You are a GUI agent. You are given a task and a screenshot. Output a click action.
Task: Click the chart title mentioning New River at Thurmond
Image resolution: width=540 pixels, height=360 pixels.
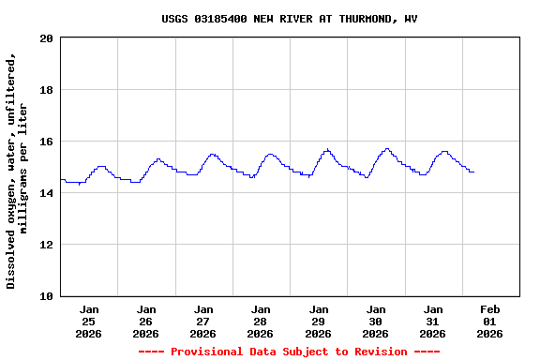click(289, 19)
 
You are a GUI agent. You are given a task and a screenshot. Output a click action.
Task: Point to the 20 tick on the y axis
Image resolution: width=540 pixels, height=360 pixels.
click(47, 38)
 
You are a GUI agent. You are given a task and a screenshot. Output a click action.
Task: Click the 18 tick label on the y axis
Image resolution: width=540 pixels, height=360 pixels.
click(47, 90)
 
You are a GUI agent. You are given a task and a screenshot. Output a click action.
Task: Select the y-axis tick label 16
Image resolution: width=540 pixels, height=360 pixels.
click(47, 142)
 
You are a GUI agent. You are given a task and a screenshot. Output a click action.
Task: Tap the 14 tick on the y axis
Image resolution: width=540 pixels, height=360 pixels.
click(47, 193)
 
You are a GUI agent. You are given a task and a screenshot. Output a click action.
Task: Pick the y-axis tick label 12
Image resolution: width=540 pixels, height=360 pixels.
click(47, 245)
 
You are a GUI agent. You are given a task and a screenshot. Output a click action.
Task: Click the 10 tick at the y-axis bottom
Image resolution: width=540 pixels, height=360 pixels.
click(47, 296)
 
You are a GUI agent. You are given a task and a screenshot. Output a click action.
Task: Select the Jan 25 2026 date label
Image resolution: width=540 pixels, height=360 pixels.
click(89, 321)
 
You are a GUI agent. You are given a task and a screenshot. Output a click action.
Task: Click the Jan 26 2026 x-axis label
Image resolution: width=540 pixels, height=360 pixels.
click(146, 321)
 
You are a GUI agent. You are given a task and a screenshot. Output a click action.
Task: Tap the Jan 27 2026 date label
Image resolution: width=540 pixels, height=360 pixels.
click(203, 321)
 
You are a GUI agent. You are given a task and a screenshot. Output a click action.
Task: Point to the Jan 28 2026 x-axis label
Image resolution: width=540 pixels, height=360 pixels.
click(261, 321)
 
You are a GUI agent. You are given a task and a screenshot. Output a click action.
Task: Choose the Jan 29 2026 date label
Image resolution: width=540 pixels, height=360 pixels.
click(319, 321)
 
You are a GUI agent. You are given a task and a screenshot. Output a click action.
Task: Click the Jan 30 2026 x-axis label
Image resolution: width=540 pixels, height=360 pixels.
click(376, 321)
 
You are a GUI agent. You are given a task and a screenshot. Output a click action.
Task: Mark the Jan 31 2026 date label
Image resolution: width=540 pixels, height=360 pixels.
click(433, 321)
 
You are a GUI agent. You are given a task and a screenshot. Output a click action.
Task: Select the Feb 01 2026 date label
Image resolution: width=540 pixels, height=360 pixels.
click(490, 321)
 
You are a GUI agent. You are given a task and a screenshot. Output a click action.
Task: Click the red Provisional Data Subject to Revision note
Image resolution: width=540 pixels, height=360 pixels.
click(289, 352)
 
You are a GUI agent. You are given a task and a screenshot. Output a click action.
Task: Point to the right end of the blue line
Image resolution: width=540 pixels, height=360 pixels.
click(473, 172)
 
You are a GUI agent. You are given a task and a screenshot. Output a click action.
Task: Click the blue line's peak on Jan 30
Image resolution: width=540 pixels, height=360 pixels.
click(386, 148)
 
